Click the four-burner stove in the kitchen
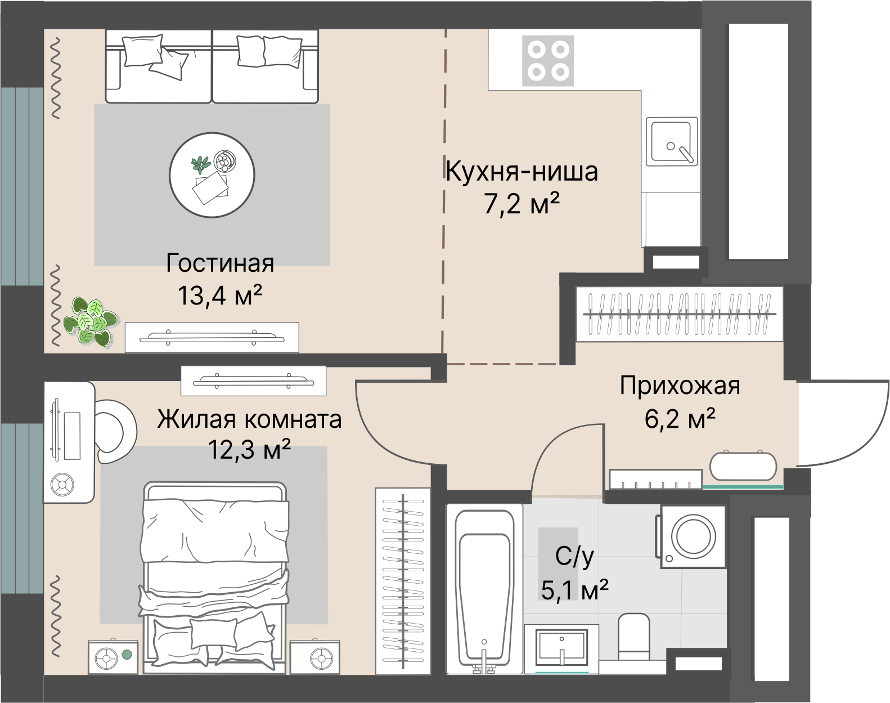(x=548, y=61)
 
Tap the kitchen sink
(x=672, y=142)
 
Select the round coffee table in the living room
(x=212, y=174)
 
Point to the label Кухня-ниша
(x=522, y=171)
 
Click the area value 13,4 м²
(x=220, y=295)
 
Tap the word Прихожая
(x=680, y=386)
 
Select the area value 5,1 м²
(x=574, y=590)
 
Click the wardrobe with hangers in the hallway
(x=680, y=314)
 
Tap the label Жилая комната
(x=249, y=420)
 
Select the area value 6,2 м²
(x=680, y=419)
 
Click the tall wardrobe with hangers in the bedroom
(x=403, y=580)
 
